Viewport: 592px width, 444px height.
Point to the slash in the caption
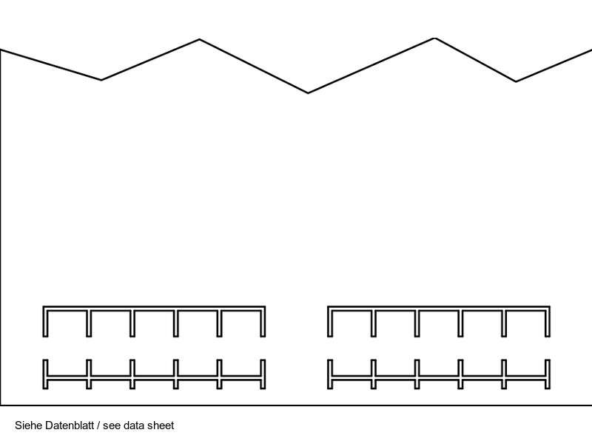click(x=98, y=425)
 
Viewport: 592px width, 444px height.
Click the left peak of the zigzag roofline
click(x=200, y=40)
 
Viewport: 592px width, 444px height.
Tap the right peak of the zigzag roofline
click(x=434, y=38)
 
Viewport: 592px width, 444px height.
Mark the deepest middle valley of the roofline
click(x=308, y=92)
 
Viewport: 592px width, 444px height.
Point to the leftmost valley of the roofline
click(x=101, y=79)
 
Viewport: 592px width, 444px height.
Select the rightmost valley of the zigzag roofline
click(x=516, y=81)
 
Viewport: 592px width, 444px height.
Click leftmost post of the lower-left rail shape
click(x=46, y=374)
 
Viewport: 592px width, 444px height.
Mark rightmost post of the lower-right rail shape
click(x=548, y=374)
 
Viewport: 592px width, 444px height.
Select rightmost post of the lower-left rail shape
click(x=263, y=374)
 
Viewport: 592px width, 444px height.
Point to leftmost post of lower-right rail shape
click(x=330, y=374)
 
